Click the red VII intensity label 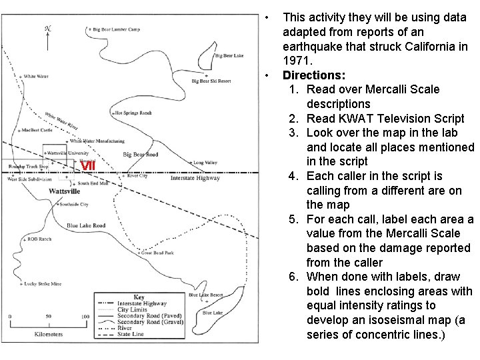point(89,166)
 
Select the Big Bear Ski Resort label point(211,81)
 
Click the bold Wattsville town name point(64,191)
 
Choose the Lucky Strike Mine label point(43,284)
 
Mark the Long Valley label point(205,162)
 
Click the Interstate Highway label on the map point(195,179)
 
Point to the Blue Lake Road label point(86,225)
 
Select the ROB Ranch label point(39,239)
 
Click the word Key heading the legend point(138,297)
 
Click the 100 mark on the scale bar point(85,317)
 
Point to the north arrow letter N point(47,28)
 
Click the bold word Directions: point(314,75)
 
